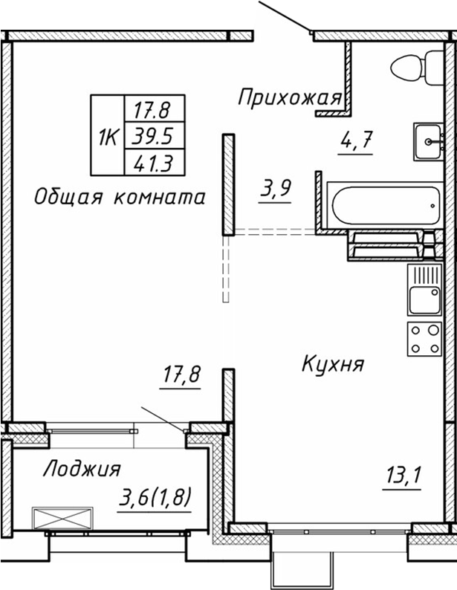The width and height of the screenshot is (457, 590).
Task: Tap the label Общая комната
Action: (x=119, y=197)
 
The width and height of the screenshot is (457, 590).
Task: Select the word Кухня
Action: (x=332, y=364)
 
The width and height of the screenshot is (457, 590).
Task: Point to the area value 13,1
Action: (x=403, y=473)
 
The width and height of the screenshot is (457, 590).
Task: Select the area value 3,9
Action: (x=274, y=190)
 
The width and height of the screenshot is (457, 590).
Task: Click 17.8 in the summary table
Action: (x=152, y=111)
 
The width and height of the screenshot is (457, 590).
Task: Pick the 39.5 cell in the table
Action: (x=152, y=136)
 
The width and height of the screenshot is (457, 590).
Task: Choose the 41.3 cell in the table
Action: (x=152, y=161)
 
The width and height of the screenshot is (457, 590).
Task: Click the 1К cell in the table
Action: (x=108, y=136)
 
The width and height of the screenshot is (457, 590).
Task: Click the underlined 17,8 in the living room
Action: (x=182, y=376)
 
